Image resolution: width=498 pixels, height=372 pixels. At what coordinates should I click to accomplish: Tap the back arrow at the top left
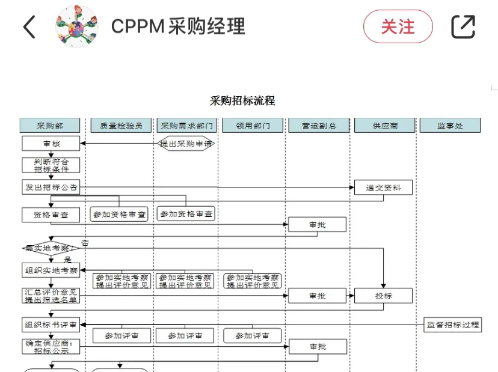(x=29, y=27)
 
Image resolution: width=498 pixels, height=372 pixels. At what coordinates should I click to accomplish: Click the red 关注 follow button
(x=398, y=27)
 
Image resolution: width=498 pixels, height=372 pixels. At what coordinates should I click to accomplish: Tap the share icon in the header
(x=463, y=27)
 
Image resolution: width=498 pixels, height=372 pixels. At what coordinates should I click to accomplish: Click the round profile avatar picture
(x=76, y=27)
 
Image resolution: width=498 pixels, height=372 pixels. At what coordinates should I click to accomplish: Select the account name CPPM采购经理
(x=178, y=27)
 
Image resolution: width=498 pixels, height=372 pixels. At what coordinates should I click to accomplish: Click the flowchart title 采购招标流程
(x=242, y=100)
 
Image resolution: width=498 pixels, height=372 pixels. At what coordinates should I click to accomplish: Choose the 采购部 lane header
(x=50, y=126)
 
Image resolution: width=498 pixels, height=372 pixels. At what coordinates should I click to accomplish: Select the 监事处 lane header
(x=450, y=126)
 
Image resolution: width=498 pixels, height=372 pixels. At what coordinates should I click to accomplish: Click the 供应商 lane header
(x=385, y=126)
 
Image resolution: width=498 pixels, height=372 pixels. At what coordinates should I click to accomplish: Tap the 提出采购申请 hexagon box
(x=186, y=144)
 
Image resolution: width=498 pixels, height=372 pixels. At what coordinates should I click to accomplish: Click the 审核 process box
(x=51, y=144)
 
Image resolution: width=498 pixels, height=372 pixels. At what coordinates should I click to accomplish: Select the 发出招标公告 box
(x=51, y=187)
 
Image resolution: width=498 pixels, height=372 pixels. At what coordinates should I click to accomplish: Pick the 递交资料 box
(x=383, y=188)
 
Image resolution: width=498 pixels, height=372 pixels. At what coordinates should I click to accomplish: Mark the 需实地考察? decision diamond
(x=51, y=248)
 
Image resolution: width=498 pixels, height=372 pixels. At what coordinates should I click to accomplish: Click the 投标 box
(x=383, y=296)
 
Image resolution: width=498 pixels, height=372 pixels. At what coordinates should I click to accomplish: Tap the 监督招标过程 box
(x=452, y=325)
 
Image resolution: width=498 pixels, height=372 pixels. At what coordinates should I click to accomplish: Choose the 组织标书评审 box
(x=51, y=325)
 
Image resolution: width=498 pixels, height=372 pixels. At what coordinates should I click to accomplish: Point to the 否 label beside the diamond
(x=85, y=243)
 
